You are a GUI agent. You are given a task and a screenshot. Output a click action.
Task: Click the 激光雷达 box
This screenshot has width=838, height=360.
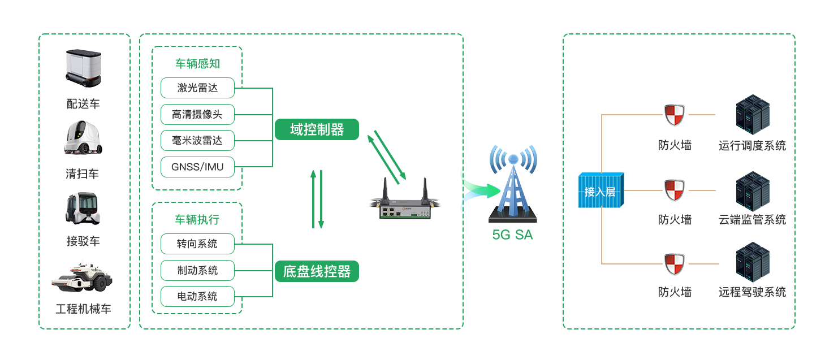coord(197,88)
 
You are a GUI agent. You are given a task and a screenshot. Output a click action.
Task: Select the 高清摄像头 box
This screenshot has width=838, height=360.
coord(197,114)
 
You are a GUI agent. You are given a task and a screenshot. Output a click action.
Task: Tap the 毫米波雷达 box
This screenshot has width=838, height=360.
coord(197,140)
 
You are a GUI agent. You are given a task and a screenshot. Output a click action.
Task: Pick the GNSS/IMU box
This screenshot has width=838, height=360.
coord(197,167)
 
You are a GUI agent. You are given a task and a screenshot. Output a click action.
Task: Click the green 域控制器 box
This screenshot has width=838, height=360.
coord(317,129)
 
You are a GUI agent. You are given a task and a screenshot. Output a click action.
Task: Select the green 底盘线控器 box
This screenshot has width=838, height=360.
coord(317,271)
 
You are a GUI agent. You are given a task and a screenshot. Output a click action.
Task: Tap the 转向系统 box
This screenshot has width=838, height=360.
coord(197,244)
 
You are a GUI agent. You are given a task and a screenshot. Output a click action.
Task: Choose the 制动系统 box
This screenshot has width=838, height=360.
coord(197,270)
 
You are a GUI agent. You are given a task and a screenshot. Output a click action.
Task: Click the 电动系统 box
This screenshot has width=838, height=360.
coord(197,296)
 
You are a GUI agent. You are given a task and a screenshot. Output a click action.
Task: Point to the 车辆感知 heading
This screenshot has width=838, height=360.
coord(197,64)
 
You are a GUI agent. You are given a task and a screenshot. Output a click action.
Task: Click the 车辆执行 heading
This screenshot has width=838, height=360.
coord(197,219)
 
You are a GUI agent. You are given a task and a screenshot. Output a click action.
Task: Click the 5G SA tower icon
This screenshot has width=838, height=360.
coord(512,184)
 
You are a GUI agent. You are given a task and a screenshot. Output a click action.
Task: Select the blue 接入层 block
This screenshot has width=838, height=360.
coord(601,191)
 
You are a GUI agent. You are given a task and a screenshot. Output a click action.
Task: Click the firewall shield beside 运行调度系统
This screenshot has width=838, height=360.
coord(675,115)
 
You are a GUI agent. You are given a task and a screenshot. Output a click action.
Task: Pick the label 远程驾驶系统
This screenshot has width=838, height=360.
coord(752,292)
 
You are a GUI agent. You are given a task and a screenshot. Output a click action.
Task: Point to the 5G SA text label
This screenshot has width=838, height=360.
coord(512,235)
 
